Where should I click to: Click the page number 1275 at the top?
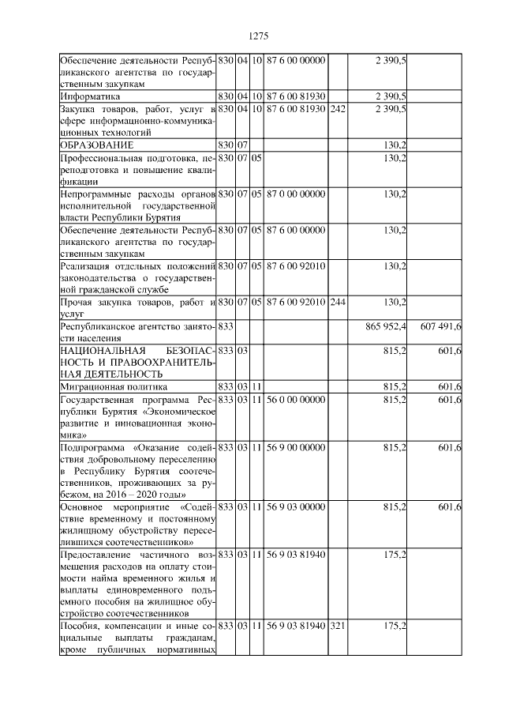click(x=259, y=36)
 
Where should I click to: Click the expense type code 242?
click(x=337, y=108)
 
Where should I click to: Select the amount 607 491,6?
click(x=441, y=326)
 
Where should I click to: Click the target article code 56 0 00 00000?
click(x=296, y=400)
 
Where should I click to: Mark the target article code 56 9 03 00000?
click(x=296, y=506)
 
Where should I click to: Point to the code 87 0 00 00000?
click(x=296, y=194)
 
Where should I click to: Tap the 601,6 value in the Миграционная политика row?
click(x=449, y=386)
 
